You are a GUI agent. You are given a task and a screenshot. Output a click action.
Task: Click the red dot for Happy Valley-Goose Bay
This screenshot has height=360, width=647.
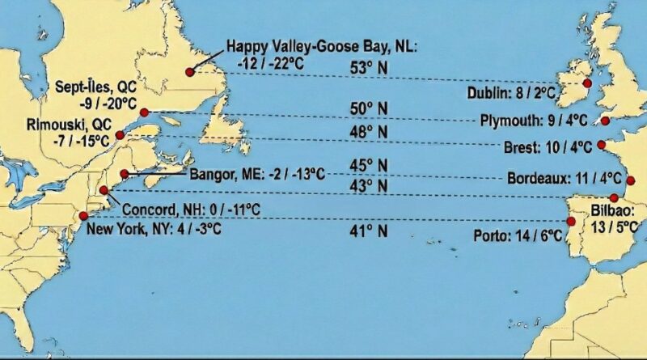(x=189, y=72)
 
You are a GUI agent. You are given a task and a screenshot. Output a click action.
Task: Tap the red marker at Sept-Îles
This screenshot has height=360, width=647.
(x=144, y=112)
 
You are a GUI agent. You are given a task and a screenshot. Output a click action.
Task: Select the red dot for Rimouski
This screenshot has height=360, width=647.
(x=120, y=134)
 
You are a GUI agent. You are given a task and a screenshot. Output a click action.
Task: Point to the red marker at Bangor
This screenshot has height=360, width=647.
(x=125, y=174)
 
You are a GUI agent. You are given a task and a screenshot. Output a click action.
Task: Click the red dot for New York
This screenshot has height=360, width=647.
(x=83, y=216)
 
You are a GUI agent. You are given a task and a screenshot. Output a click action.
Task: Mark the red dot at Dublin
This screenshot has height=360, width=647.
(x=586, y=83)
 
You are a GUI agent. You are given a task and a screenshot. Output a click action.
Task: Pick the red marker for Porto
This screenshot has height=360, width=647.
(x=572, y=221)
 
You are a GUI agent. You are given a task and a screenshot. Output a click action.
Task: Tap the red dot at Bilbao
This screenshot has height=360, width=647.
(x=614, y=198)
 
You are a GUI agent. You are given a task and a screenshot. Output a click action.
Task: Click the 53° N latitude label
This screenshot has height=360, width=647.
(x=369, y=68)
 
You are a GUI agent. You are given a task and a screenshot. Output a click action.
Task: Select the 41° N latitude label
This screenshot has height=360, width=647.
(x=369, y=232)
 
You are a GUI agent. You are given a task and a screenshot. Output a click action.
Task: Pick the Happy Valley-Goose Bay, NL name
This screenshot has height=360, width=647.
(x=322, y=47)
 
